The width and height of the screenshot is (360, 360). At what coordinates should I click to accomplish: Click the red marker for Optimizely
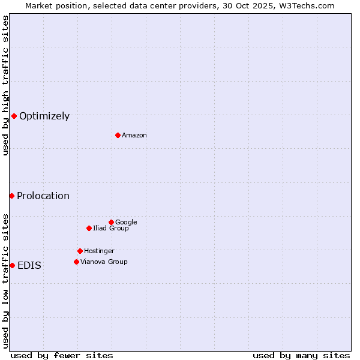(14, 116)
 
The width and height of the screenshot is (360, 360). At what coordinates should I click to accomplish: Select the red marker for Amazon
(118, 135)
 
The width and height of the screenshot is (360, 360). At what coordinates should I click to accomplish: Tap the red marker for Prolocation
(11, 196)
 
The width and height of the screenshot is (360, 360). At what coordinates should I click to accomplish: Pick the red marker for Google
(111, 222)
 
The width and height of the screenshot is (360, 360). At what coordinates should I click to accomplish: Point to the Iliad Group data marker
(89, 228)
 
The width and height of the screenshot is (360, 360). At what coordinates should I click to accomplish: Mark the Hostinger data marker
(80, 251)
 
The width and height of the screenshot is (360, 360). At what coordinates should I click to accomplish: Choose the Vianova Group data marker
(76, 262)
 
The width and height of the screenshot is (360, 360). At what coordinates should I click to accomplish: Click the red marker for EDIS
(12, 265)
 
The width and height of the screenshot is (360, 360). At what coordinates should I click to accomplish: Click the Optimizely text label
(44, 116)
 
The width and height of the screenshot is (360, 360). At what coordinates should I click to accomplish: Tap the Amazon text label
(134, 136)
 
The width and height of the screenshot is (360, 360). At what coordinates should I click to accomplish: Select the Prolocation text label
(43, 196)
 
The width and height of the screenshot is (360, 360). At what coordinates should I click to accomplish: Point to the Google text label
(126, 223)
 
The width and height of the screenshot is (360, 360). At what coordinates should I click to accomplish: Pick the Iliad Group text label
(111, 229)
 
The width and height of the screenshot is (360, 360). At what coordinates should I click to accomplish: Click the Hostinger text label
(99, 251)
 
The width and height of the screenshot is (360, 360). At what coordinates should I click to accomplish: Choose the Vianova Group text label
(104, 262)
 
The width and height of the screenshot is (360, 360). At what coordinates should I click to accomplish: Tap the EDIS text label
(29, 266)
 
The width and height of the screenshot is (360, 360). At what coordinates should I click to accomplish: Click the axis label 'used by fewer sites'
(62, 356)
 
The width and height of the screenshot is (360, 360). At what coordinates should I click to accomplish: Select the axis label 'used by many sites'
(301, 356)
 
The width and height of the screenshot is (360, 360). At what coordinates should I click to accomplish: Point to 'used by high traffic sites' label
(5, 85)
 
